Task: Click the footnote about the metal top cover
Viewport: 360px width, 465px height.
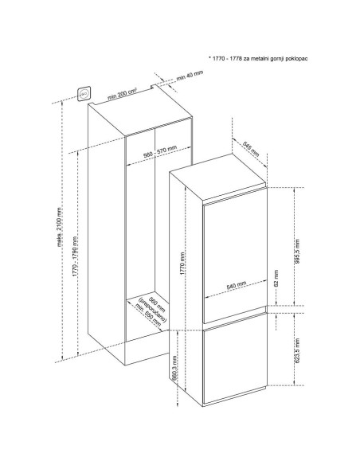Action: point(258,58)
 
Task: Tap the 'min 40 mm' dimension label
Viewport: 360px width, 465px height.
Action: point(190,76)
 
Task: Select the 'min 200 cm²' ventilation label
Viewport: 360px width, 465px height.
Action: point(122,94)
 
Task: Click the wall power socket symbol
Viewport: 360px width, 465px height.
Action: point(84,94)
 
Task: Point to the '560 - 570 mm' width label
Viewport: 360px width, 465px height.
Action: point(160,151)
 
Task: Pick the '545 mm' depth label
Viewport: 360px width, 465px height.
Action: point(251,149)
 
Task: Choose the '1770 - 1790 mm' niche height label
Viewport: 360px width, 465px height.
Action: point(75,257)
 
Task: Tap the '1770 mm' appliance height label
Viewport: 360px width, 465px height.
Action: point(182,264)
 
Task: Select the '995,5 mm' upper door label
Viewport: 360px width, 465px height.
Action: point(297,252)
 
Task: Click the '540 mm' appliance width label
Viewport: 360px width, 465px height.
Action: point(237,285)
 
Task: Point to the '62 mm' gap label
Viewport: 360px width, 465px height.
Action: point(276,278)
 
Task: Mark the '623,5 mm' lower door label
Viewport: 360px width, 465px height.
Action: point(297,350)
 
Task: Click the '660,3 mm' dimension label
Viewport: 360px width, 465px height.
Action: point(174,368)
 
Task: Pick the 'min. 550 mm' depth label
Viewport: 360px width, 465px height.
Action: point(148,315)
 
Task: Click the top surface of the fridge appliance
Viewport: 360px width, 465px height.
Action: point(218,178)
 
